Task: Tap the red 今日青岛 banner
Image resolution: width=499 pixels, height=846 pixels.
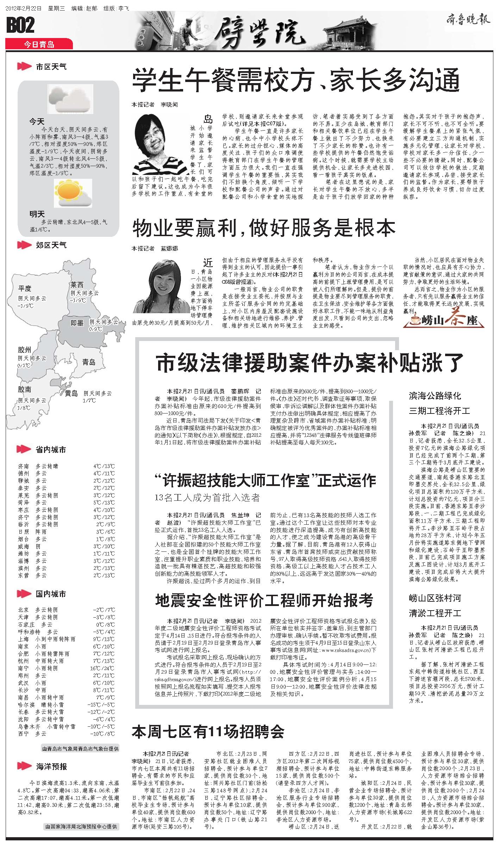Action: (x=39, y=44)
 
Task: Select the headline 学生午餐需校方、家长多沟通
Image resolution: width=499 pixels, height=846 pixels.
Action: (x=296, y=80)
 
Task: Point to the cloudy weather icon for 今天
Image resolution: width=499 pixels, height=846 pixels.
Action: (x=69, y=100)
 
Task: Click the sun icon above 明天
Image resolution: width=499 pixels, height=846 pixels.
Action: (x=73, y=193)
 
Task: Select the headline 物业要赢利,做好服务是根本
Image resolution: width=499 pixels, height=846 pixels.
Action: (x=264, y=228)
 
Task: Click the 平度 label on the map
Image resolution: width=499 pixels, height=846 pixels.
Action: (x=25, y=289)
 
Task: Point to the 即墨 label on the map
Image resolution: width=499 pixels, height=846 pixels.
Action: (x=77, y=322)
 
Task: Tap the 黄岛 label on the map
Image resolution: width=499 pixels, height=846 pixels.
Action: (x=71, y=393)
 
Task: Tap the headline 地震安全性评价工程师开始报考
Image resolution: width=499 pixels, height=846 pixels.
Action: (x=264, y=601)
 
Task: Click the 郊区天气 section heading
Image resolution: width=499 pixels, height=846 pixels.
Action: (x=51, y=245)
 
